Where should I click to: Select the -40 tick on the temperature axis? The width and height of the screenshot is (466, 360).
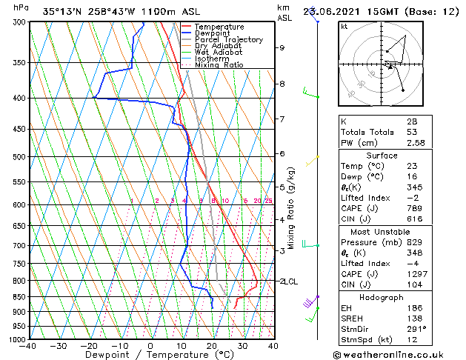(28, 346)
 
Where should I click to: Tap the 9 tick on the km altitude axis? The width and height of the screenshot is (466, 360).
(282, 47)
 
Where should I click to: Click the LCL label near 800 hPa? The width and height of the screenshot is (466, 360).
(288, 281)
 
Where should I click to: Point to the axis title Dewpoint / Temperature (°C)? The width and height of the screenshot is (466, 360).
(150, 355)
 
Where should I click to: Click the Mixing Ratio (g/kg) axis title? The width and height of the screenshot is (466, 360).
(292, 208)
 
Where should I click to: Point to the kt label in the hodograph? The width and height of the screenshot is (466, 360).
(344, 27)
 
